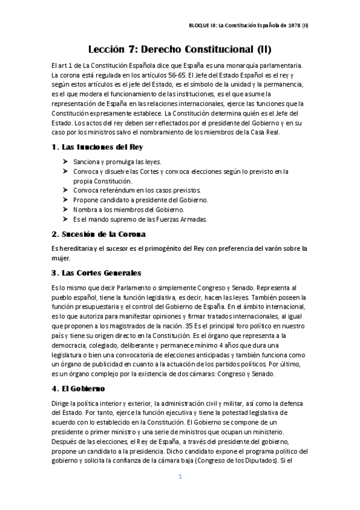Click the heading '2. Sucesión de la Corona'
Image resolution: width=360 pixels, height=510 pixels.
(99, 233)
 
